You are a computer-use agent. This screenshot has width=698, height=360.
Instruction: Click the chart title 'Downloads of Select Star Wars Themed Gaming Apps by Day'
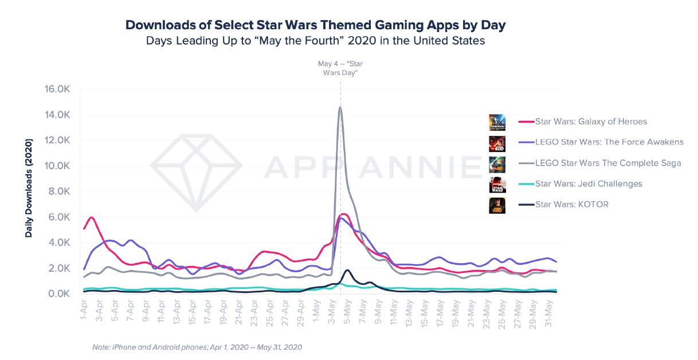click(316, 25)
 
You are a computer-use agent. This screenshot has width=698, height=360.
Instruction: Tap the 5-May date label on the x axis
click(346, 311)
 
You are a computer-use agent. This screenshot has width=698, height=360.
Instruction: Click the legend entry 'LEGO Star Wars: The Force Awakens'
click(609, 142)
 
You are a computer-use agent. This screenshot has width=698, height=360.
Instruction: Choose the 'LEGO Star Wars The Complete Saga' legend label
click(607, 163)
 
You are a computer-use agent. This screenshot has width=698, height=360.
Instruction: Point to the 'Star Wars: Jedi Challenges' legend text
click(588, 183)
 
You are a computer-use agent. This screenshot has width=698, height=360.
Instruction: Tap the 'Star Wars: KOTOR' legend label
click(571, 204)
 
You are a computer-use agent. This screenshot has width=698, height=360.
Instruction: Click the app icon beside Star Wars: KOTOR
click(497, 205)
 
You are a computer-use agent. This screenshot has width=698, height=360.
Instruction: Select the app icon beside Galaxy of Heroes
click(497, 122)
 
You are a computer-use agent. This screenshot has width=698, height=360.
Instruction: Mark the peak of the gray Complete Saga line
click(340, 107)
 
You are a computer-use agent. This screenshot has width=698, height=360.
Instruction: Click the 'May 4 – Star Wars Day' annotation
click(340, 68)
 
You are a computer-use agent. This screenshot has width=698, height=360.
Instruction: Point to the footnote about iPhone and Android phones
click(197, 347)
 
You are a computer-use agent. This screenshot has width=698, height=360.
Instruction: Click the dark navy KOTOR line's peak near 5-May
click(347, 269)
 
